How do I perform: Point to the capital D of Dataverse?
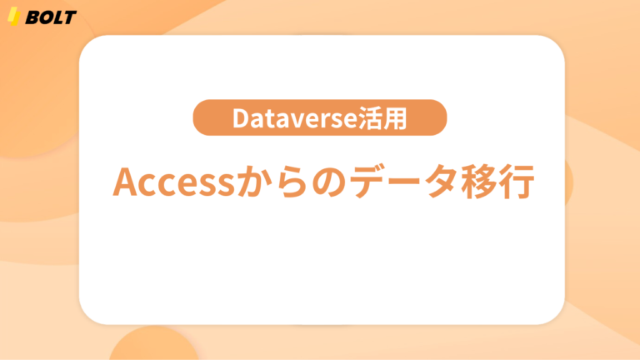240,119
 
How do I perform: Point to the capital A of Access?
126,182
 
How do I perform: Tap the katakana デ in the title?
369,182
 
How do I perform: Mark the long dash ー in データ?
408,183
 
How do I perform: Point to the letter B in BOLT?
32,17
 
